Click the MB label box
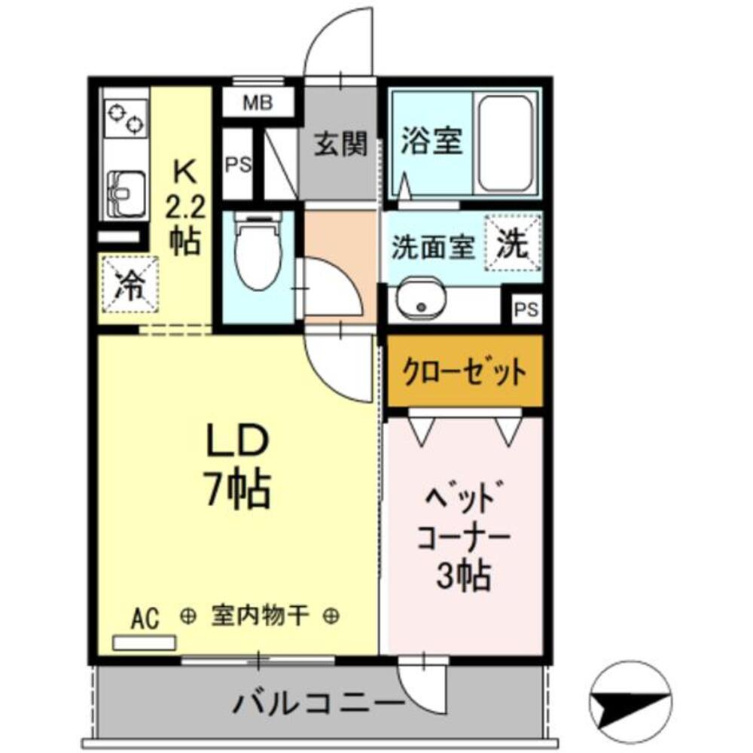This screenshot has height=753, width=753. pos(258,102)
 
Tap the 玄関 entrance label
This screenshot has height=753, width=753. pos(340,143)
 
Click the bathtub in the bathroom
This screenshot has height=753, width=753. pos(506,145)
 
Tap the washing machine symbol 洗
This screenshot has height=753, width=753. pos(514,242)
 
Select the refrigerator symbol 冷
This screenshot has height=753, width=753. pos(130,285)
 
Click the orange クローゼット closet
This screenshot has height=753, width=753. pos(464,372)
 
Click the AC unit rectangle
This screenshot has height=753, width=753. pos(144,642)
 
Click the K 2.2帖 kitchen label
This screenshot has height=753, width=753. pos(184,207)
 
